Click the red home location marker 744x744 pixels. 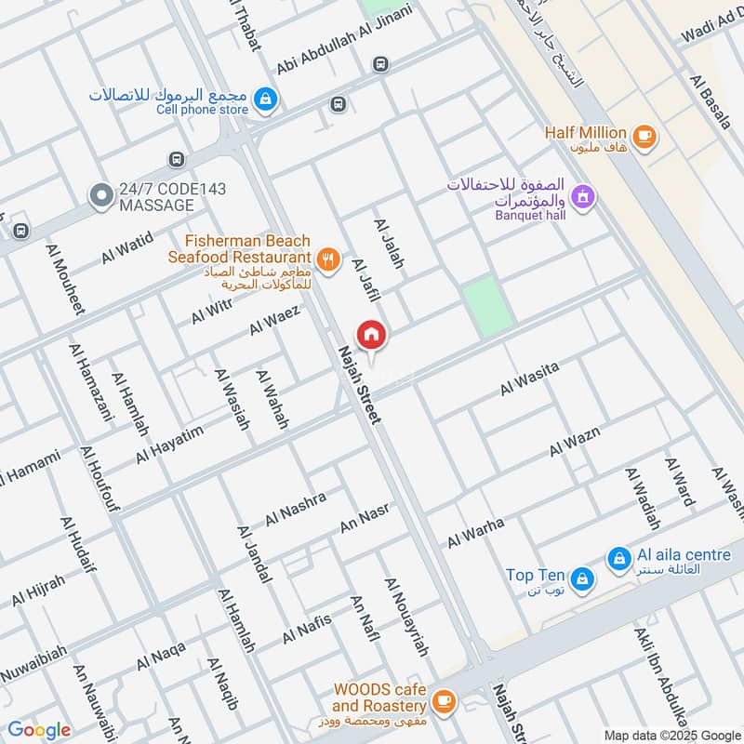pyautogui.click(x=371, y=335)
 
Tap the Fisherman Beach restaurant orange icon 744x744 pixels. pyautogui.click(x=326, y=260)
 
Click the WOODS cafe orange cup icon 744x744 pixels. pyautogui.click(x=444, y=699)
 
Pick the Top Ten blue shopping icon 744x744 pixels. pyautogui.click(x=581, y=578)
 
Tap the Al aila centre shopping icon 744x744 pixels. pyautogui.click(x=618, y=559)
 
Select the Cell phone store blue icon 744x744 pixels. pyautogui.click(x=266, y=99)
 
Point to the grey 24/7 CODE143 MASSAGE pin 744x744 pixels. pyautogui.click(x=100, y=195)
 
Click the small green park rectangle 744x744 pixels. pyautogui.click(x=487, y=306)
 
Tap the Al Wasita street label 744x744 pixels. pyautogui.click(x=529, y=379)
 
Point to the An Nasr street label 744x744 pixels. pyautogui.click(x=364, y=518)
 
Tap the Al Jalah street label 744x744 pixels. pyautogui.click(x=389, y=245)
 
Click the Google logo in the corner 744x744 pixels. pyautogui.click(x=39, y=730)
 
